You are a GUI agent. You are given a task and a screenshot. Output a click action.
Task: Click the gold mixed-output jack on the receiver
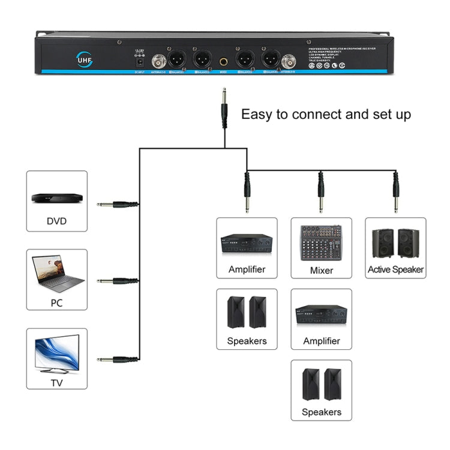tap(223, 61)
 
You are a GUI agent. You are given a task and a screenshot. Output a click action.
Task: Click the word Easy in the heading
tap(257, 114)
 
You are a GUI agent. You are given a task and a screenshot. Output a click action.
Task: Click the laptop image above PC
tap(58, 274)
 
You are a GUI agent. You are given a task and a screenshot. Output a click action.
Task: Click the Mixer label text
tap(321, 270)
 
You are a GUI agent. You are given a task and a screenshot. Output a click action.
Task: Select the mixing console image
tap(321, 242)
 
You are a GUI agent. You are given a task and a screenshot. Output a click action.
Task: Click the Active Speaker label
tap(395, 269)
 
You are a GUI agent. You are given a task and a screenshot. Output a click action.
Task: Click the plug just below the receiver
tap(224, 108)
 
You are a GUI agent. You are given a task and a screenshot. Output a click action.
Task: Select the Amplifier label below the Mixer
tap(321, 341)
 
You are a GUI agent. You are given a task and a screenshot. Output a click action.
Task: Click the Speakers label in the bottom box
tap(321, 412)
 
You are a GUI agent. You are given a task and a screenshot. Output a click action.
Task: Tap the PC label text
tap(56, 303)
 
